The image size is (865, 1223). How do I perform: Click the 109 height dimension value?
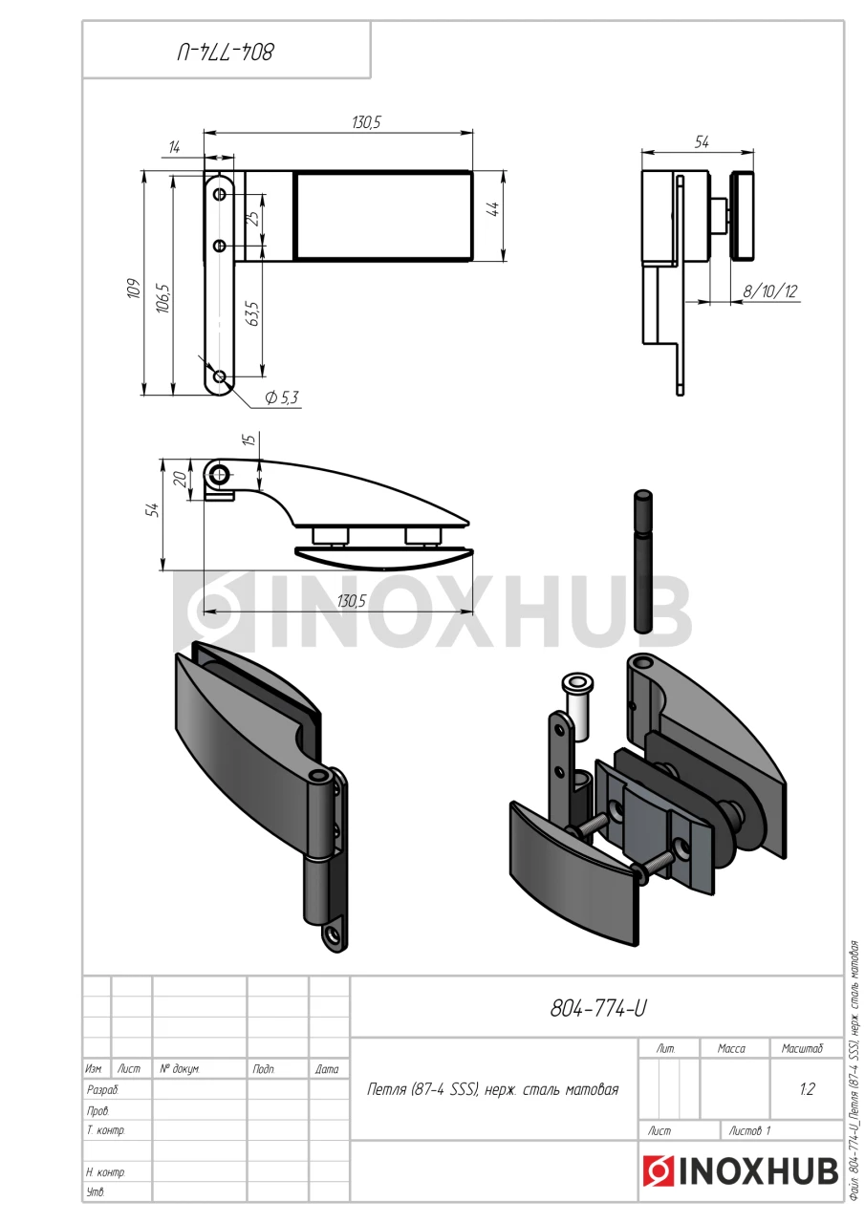point(134,288)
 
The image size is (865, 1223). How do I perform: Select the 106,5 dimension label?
point(163,298)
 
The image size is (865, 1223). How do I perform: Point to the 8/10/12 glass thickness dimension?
point(770,291)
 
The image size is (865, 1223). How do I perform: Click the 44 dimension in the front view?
point(492,209)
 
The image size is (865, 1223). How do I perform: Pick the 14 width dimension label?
point(174,147)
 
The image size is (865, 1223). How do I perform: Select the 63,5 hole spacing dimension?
point(253,313)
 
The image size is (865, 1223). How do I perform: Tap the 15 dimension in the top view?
point(249,439)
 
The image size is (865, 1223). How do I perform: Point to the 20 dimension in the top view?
point(180,479)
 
